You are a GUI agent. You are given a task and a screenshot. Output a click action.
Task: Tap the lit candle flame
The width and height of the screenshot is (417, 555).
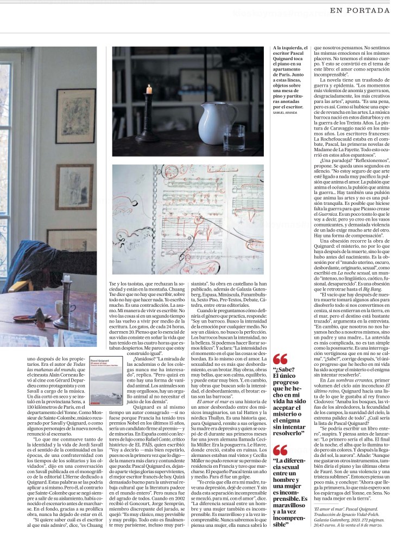[x=149, y=88]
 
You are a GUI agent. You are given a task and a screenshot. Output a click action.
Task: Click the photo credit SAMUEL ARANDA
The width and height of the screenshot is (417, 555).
[x=288, y=112]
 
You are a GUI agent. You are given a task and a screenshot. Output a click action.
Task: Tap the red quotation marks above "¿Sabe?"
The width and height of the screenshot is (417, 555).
[x=280, y=359]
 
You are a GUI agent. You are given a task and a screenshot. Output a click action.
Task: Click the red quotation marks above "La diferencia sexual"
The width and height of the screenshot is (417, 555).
[x=280, y=449]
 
